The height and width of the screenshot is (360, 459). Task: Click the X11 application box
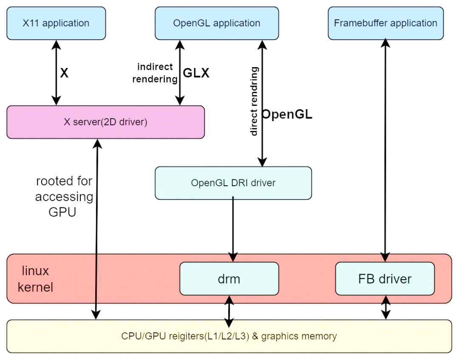56,23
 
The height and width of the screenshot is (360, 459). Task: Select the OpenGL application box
217,23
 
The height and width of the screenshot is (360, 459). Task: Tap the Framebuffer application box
385,23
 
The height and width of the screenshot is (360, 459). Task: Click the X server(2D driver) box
105,122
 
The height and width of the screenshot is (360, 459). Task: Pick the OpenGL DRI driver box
233,183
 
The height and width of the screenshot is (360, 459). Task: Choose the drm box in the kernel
229,279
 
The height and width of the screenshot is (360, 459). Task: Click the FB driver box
385,279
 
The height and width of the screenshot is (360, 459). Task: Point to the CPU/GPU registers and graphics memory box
229,336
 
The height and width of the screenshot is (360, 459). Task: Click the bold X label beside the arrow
64,73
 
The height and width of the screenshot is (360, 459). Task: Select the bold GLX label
196,73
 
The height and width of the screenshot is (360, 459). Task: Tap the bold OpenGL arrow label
287,114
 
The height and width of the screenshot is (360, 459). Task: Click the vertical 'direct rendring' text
254,101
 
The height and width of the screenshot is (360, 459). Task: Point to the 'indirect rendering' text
155,73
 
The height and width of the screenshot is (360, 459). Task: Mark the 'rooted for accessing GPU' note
64,196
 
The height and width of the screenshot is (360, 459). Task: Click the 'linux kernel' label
35,279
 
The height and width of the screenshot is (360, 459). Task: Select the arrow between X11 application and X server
56,73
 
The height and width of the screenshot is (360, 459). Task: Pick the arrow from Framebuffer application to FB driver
385,149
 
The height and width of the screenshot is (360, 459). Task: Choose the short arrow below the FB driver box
385,307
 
